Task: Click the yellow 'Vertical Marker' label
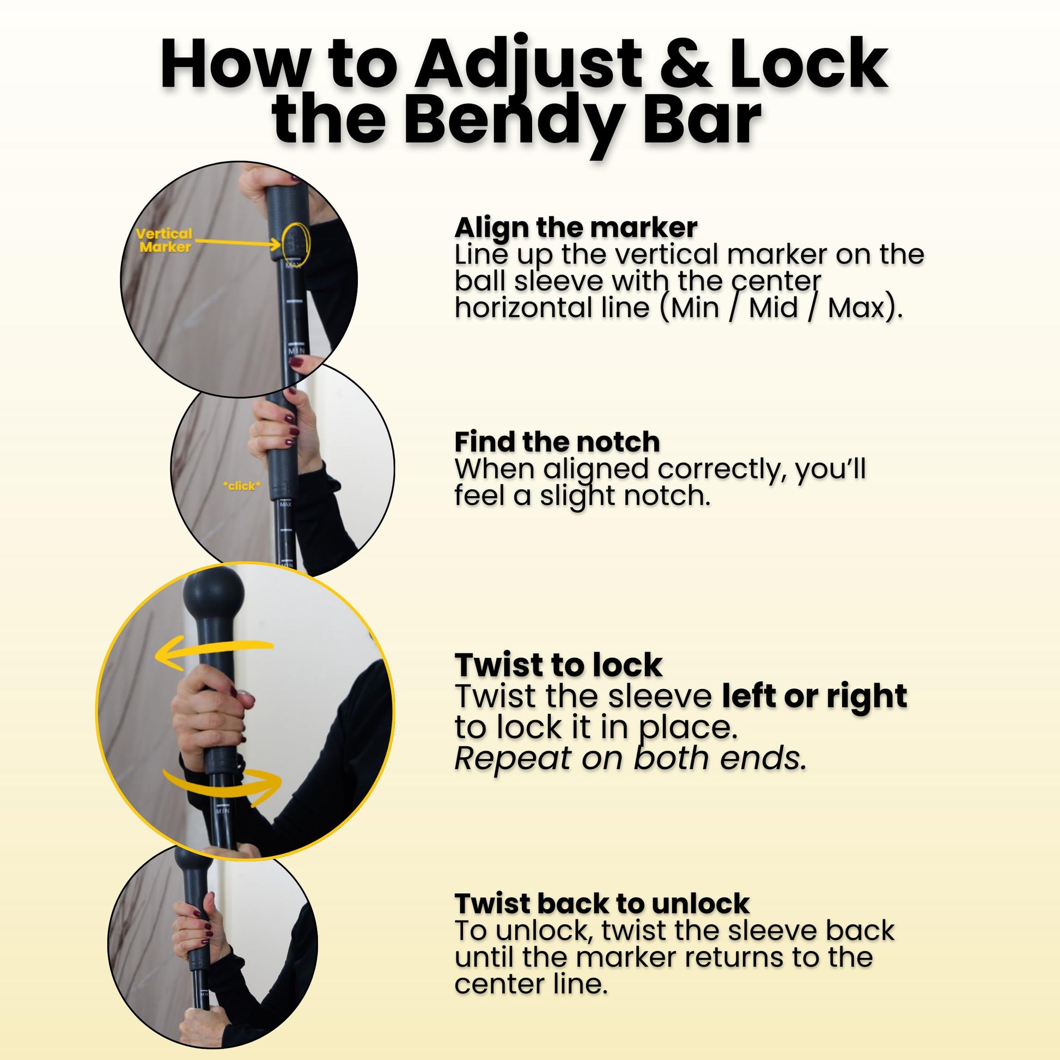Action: pyautogui.click(x=165, y=240)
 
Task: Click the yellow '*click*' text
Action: pyautogui.click(x=241, y=485)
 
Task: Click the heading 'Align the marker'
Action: pyautogui.click(x=576, y=227)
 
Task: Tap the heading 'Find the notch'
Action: pyautogui.click(x=557, y=442)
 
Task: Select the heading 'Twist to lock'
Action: pyautogui.click(x=558, y=665)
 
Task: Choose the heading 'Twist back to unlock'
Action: pyautogui.click(x=602, y=903)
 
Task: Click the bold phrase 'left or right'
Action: pyautogui.click(x=814, y=697)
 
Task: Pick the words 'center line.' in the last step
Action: pyautogui.click(x=531, y=984)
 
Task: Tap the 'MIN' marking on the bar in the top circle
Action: pyautogui.click(x=296, y=350)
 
